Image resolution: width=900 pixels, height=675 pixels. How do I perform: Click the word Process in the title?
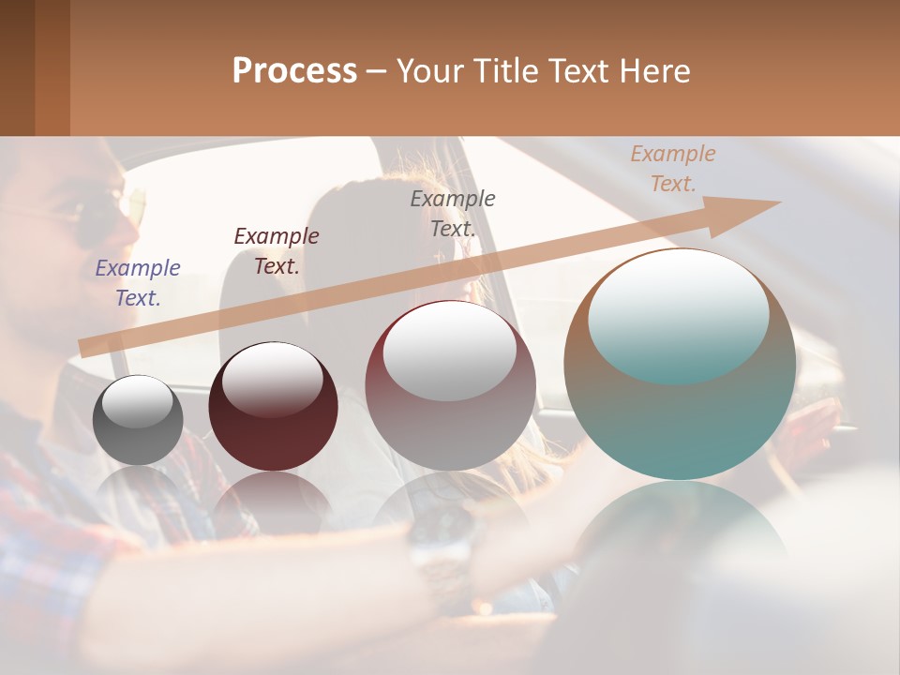point(294,71)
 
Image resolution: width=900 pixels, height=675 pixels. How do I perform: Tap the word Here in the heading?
point(654,71)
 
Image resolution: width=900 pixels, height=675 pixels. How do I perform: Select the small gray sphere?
point(138,421)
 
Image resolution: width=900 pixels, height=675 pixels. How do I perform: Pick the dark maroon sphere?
point(273,408)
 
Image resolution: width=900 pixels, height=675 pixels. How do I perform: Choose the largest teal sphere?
point(680,366)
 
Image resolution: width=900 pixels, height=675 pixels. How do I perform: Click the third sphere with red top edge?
point(451,385)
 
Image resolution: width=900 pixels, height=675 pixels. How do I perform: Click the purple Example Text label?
point(138,282)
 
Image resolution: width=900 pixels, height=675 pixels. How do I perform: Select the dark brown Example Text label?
point(277,250)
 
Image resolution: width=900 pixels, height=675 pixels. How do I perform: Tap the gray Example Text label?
point(453,213)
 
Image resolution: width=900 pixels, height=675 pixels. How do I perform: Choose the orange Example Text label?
point(672,169)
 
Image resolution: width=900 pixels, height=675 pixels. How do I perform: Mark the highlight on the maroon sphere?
point(272,378)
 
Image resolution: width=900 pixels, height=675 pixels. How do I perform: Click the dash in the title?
point(377,71)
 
